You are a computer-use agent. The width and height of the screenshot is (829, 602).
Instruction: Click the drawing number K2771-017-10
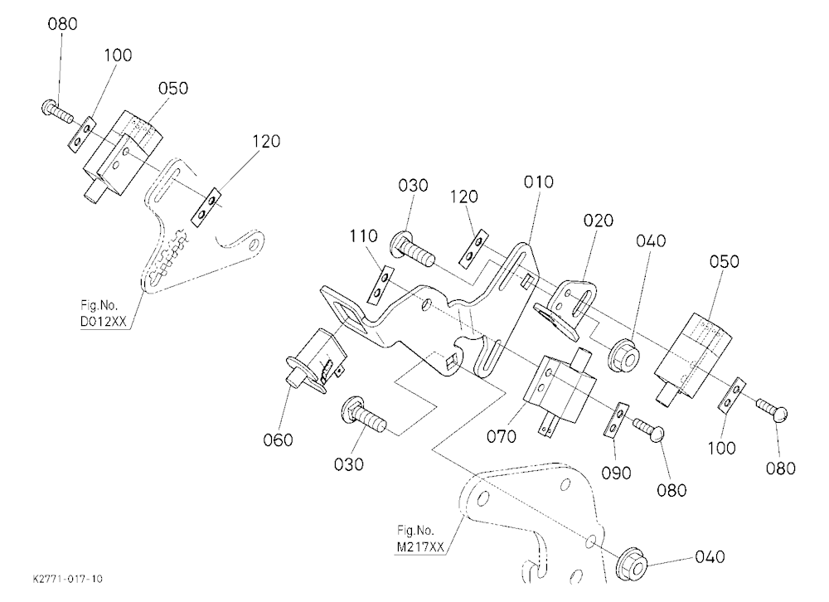click(67, 579)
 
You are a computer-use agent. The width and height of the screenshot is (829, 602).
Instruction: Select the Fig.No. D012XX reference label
click(104, 313)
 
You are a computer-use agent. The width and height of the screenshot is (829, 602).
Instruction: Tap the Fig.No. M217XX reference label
click(421, 538)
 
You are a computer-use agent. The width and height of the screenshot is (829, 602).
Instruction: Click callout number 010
click(539, 182)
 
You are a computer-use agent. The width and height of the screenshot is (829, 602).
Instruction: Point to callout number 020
click(599, 220)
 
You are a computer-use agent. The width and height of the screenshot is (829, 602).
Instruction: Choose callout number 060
click(278, 439)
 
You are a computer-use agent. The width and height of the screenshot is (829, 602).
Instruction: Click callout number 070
click(502, 436)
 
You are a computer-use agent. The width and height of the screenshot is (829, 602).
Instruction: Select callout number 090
click(617, 473)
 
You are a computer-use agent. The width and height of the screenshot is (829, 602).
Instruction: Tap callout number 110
click(363, 235)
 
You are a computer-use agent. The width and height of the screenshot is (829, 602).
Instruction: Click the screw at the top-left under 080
click(56, 110)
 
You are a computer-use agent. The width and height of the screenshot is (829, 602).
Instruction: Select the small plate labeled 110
click(381, 285)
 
